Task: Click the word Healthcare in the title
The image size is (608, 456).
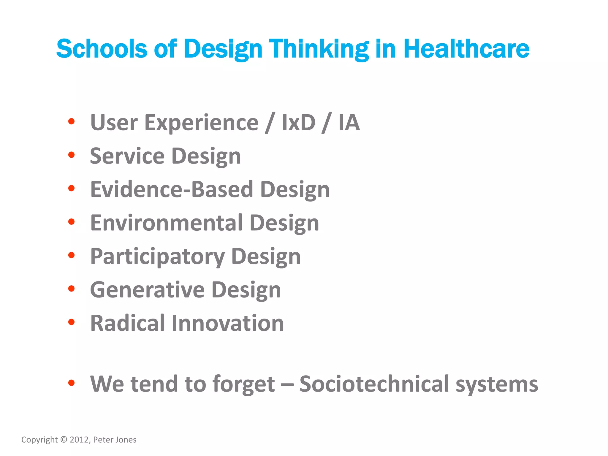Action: [x=466, y=49]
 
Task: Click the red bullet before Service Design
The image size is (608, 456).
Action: [x=71, y=155]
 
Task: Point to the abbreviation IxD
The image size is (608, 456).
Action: [x=298, y=123]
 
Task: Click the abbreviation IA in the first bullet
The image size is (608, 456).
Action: [x=349, y=123]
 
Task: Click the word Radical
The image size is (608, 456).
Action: [x=127, y=323]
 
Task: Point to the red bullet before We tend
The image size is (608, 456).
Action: [x=71, y=383]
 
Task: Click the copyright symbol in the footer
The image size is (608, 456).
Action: [x=64, y=440]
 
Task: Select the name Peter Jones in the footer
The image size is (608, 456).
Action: [x=115, y=440]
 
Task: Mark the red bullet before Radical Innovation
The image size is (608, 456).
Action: [x=71, y=322]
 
